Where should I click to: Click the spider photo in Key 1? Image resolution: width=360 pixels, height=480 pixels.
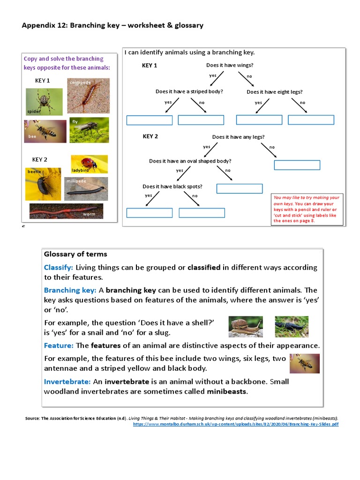(44, 102)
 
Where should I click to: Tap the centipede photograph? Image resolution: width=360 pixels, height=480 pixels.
(88, 96)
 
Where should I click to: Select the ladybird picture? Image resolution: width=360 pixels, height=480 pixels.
(89, 164)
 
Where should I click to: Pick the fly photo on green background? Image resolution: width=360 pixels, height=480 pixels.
(89, 130)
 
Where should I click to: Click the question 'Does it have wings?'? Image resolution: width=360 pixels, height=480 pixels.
(230, 65)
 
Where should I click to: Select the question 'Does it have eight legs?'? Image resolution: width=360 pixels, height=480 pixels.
(274, 92)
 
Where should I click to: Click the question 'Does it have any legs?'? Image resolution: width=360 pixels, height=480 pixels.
(238, 137)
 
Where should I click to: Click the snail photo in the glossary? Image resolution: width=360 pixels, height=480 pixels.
(246, 327)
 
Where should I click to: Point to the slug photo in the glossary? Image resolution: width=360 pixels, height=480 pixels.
(291, 327)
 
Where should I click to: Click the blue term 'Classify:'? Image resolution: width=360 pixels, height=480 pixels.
(59, 268)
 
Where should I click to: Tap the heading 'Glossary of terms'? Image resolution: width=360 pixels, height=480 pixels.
(75, 254)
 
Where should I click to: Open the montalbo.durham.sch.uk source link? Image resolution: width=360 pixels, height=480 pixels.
(236, 424)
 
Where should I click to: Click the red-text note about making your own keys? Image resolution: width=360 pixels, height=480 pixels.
(307, 209)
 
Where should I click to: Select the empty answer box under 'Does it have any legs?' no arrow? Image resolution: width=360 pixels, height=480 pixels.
(297, 165)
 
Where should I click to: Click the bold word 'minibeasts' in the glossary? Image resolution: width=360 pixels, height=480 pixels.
(227, 391)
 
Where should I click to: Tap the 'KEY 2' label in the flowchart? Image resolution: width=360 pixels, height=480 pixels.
(150, 136)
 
